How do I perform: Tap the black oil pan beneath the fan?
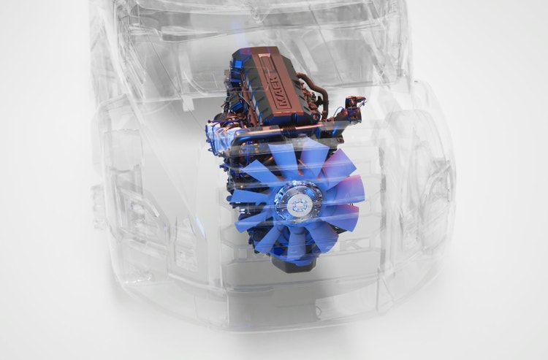[x=291, y=264]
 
